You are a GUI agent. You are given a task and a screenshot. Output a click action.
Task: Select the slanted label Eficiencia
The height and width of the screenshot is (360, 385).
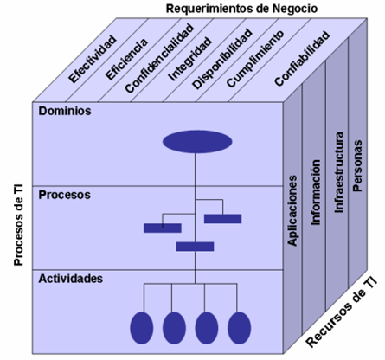[128, 60]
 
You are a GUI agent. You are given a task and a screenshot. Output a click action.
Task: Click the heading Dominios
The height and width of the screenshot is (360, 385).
[65, 112]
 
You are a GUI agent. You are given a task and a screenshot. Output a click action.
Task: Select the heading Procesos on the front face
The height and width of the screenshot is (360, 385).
[66, 196]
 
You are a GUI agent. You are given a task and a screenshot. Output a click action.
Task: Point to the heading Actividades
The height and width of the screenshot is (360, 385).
[71, 279]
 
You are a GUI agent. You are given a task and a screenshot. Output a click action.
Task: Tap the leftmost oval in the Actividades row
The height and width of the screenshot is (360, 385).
[141, 327]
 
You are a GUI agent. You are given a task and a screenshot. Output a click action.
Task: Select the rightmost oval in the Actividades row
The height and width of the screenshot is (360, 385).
[239, 327]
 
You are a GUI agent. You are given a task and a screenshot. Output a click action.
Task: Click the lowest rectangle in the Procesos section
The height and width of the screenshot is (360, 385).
[195, 247]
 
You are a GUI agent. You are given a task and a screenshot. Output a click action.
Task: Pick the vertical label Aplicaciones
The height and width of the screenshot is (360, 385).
[293, 209]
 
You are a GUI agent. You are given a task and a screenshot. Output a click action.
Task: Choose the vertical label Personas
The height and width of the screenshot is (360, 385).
[358, 157]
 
